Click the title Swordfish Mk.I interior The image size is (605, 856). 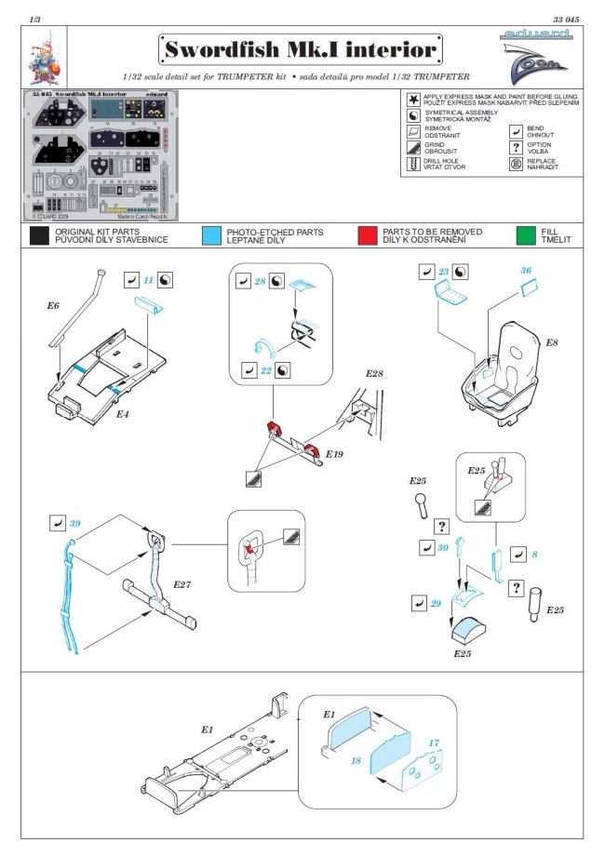(299, 48)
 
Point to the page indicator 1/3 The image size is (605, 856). (34, 19)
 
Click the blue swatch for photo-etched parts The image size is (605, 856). (211, 236)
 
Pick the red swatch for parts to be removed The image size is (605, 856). (367, 236)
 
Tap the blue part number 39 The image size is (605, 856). (75, 525)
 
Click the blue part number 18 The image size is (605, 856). (355, 760)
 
